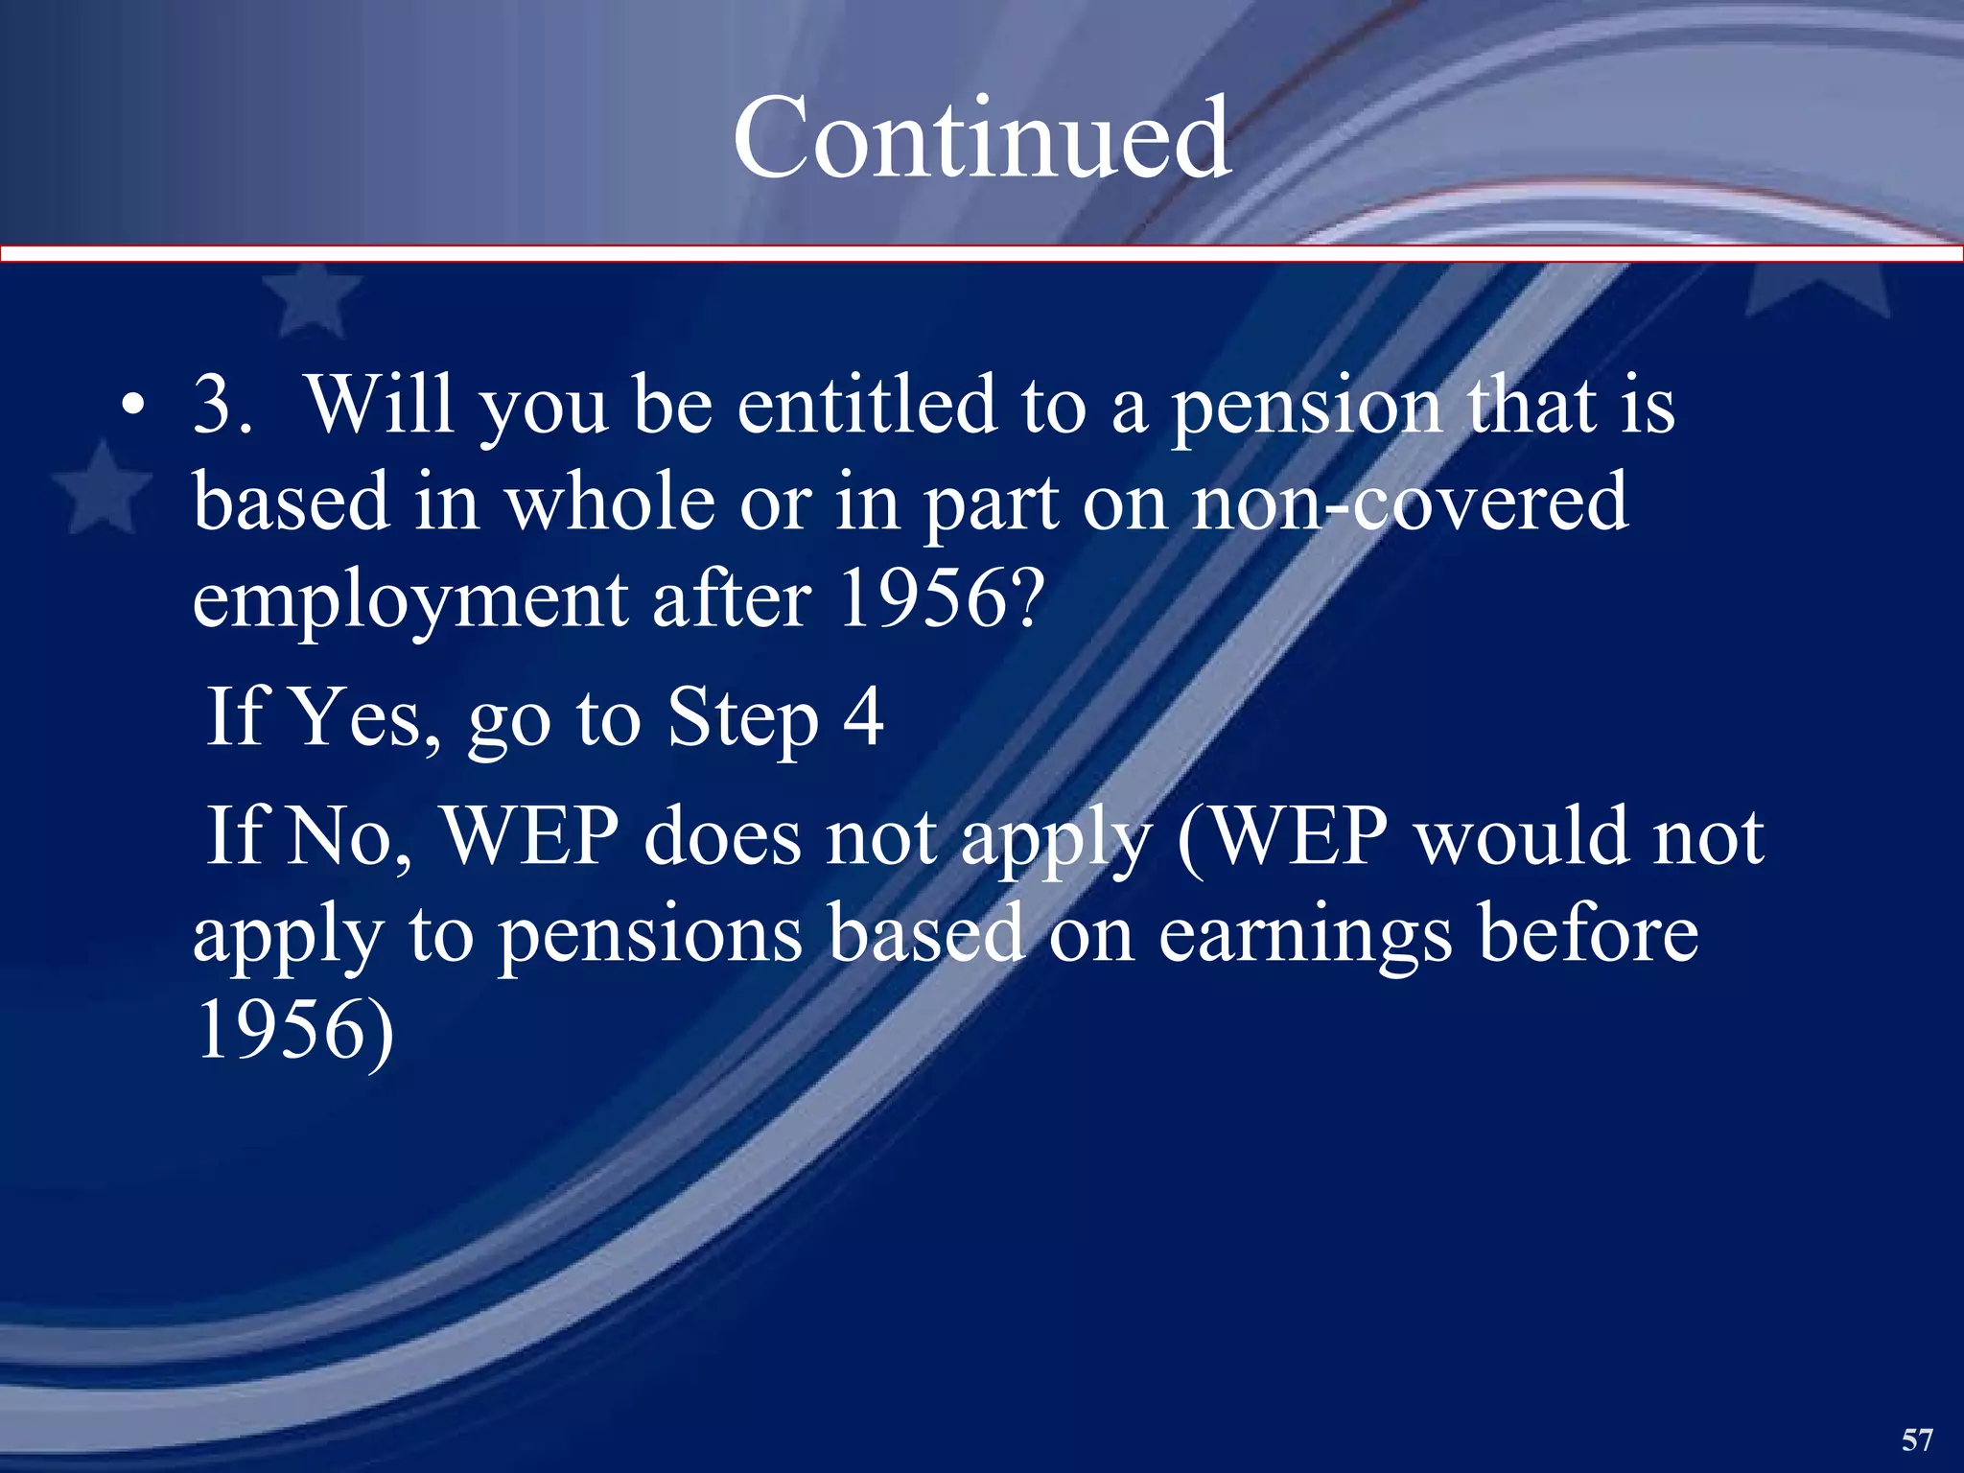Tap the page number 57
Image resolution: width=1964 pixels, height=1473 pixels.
point(1916,1439)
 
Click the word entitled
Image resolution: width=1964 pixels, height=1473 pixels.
point(867,406)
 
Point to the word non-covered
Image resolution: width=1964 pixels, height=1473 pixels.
point(1409,503)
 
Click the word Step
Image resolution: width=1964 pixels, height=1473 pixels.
point(743,719)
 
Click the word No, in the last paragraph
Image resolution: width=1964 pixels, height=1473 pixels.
point(350,837)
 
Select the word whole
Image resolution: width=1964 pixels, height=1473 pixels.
point(609,503)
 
